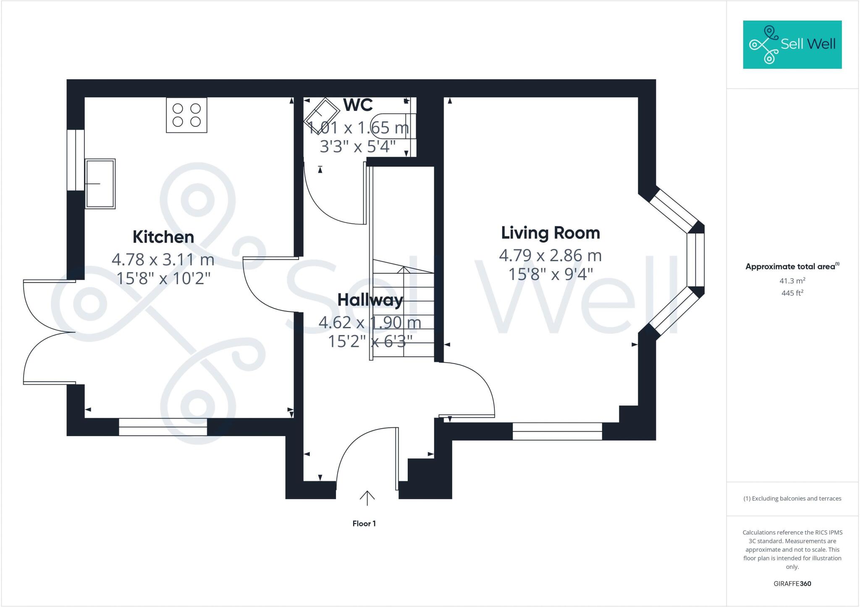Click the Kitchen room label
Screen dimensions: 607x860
pyautogui.click(x=163, y=237)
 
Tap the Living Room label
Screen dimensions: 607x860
pyautogui.click(x=551, y=233)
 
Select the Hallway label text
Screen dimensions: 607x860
pyautogui.click(x=370, y=300)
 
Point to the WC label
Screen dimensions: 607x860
pyautogui.click(x=358, y=105)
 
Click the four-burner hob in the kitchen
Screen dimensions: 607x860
pyautogui.click(x=186, y=115)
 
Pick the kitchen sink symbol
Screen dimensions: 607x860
pyautogui.click(x=100, y=183)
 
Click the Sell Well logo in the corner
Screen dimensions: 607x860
pyautogui.click(x=792, y=44)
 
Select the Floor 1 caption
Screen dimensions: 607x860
pyautogui.click(x=364, y=523)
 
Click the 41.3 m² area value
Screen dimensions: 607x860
pyautogui.click(x=792, y=280)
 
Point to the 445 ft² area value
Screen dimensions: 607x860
pyautogui.click(x=792, y=293)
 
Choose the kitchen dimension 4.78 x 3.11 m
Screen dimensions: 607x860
pyautogui.click(x=163, y=259)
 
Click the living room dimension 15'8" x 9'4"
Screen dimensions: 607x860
pyautogui.click(x=551, y=274)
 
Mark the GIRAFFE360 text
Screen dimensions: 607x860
pyautogui.click(x=792, y=583)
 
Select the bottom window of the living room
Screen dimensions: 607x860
pyautogui.click(x=557, y=431)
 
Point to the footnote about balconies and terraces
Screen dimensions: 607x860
pyautogui.click(x=792, y=499)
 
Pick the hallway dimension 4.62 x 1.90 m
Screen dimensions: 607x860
pyautogui.click(x=370, y=322)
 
